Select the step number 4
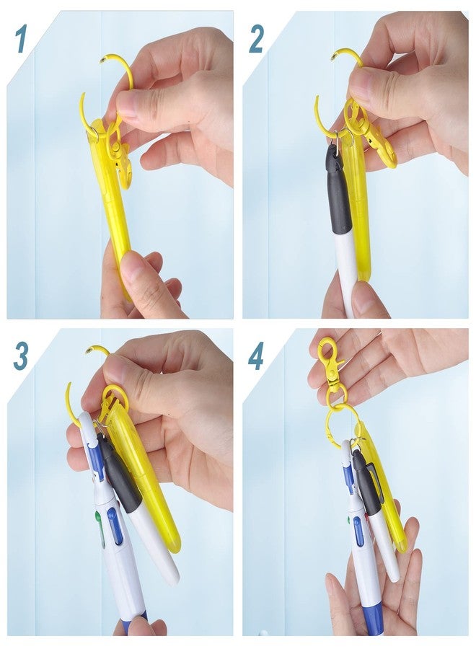(x=256, y=356)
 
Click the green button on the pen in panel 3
(x=98, y=517)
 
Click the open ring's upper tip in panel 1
(x=102, y=61)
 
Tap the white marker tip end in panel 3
(x=173, y=578)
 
